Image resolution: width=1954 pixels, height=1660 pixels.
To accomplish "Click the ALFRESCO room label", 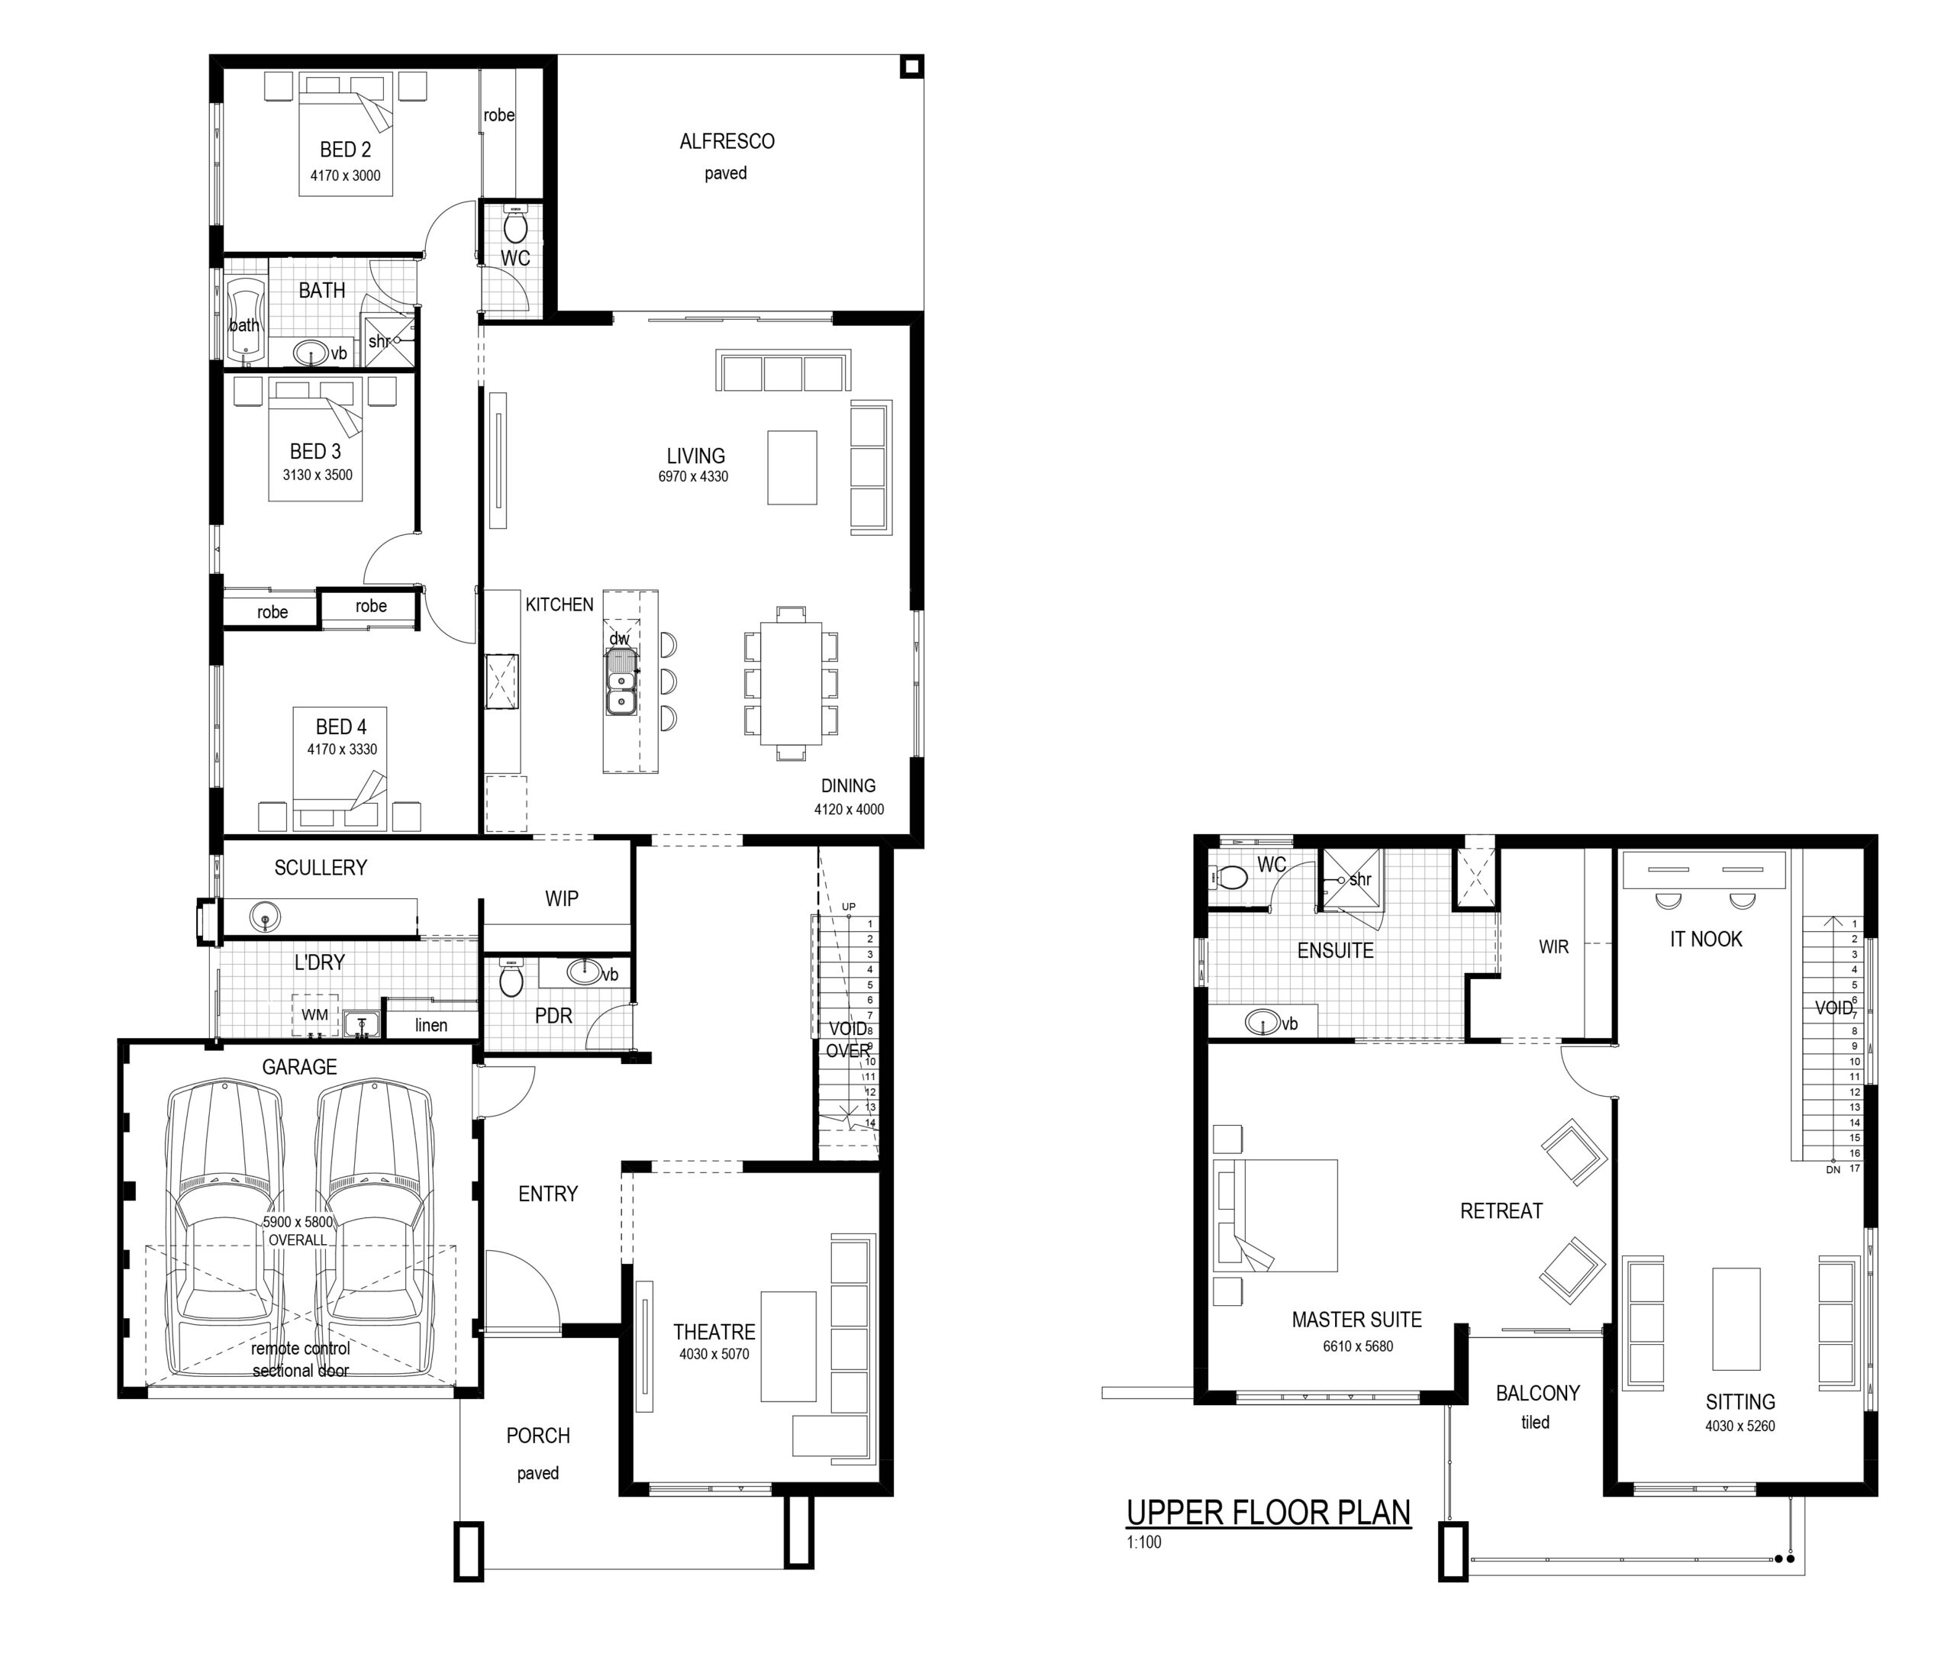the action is [x=727, y=141].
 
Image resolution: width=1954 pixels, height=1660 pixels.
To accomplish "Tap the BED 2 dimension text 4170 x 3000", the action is [x=346, y=175].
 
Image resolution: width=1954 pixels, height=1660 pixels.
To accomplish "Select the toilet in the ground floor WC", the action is [x=514, y=225].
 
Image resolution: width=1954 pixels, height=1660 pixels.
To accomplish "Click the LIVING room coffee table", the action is [x=792, y=468].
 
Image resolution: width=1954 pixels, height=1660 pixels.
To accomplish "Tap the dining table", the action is [x=791, y=683].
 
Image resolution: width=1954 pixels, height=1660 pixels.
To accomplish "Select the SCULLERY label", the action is [x=320, y=868].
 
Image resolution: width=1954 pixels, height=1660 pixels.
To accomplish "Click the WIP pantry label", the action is [x=561, y=899].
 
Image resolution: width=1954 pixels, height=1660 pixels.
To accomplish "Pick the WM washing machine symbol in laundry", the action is [x=314, y=1014].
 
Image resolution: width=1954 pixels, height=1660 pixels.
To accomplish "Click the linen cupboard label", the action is [x=431, y=1025].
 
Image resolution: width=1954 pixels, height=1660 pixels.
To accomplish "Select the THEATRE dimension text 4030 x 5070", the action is [x=714, y=1354].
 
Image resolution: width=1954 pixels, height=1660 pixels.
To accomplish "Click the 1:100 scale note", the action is [x=1143, y=1542].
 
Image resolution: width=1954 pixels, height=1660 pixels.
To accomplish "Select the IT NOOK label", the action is [x=1705, y=940].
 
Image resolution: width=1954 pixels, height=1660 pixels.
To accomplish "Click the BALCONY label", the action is [x=1538, y=1393].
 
